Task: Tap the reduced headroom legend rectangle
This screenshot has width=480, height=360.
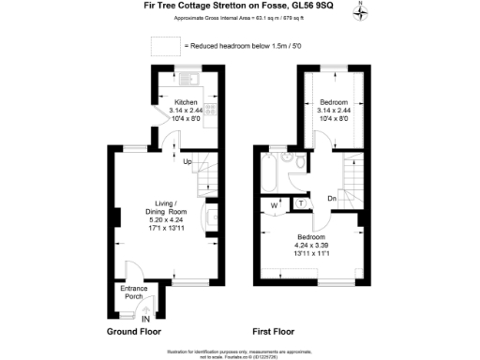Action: coord(165,46)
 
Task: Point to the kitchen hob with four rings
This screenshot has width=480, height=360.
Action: coord(211,112)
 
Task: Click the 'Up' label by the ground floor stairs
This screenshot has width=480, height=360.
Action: coord(187,161)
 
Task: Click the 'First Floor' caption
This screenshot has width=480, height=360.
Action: coord(274,332)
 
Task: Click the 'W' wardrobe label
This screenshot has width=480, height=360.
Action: coord(274,204)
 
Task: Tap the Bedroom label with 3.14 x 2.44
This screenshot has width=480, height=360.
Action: coord(333,100)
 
